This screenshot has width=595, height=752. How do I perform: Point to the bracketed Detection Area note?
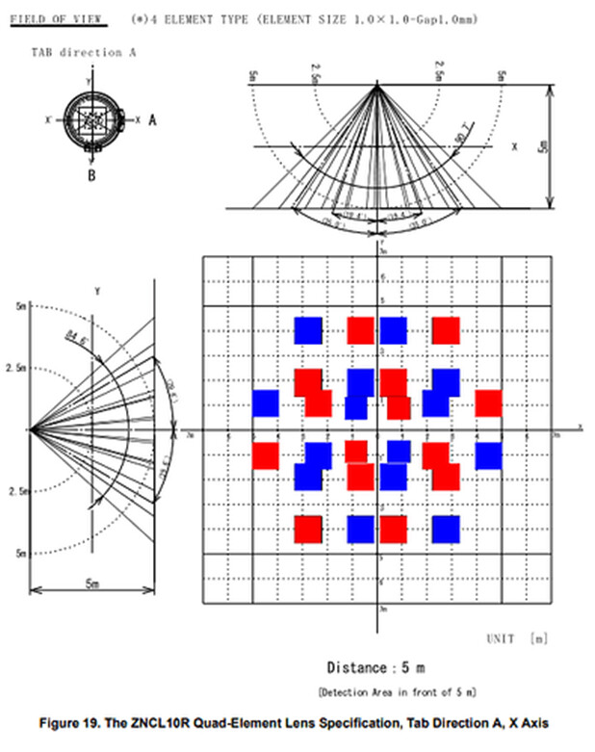pos(397,691)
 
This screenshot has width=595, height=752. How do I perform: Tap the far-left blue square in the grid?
pos(266,402)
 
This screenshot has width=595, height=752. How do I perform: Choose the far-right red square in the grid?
pos(489,402)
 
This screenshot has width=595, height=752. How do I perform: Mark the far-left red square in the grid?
pos(266,455)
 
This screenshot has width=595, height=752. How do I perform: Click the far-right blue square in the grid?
pos(489,455)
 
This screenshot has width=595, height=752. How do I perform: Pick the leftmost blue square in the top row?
pos(308,329)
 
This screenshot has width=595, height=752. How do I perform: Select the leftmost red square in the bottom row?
pos(308,529)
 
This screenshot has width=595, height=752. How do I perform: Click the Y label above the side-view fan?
pos(97,290)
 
